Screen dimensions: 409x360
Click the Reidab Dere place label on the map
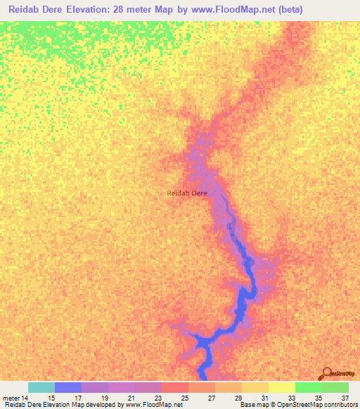(x=186, y=193)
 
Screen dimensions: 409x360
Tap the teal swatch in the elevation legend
(x=41, y=387)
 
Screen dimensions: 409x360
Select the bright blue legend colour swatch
(x=68, y=387)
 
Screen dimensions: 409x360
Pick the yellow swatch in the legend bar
(x=282, y=387)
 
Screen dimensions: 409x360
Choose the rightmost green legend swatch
(x=335, y=387)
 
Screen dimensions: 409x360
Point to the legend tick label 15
(x=51, y=398)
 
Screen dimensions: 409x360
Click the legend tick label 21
(x=131, y=398)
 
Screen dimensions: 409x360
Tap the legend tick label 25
(x=184, y=398)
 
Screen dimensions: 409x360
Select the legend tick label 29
(x=238, y=398)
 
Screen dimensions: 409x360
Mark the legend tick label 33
(x=291, y=398)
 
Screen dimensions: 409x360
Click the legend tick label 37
(x=345, y=398)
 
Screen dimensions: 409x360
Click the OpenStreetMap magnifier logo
(x=327, y=375)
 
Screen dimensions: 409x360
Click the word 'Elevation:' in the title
(x=94, y=9)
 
